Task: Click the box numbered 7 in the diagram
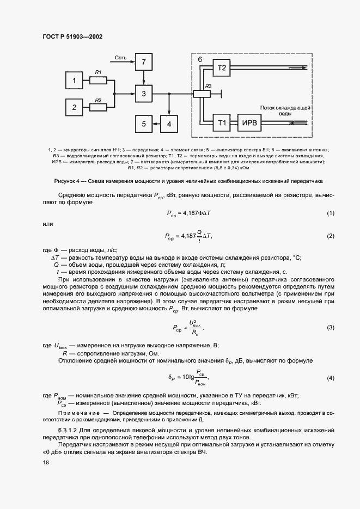144,63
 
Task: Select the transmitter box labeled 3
144,94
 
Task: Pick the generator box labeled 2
75,107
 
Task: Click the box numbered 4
169,124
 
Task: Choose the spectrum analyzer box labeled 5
144,124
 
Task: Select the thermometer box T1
222,124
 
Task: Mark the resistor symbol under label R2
99,107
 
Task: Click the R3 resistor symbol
202,94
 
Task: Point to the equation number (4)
330,378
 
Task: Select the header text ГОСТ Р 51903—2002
72,36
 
